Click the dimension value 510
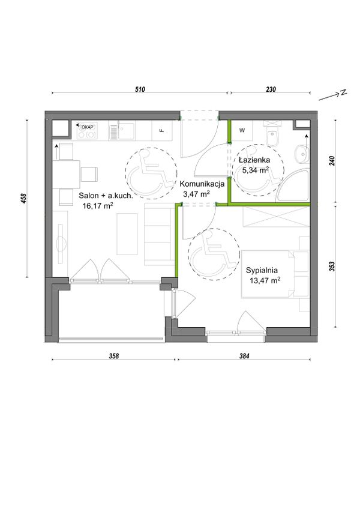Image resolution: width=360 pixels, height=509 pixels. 140,89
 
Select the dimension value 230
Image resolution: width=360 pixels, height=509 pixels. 271,89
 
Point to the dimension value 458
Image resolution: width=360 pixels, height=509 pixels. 23,199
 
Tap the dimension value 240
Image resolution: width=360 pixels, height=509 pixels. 332,161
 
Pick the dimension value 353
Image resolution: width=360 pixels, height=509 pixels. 332,266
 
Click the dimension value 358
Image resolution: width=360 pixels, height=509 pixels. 114,356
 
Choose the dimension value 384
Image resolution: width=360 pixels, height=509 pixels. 244,356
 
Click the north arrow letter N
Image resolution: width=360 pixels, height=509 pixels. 343,93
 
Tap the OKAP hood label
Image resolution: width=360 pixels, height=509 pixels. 86,127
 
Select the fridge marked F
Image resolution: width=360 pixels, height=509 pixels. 161,130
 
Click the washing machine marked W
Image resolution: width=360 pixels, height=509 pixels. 242,130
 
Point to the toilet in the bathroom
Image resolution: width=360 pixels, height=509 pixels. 271,134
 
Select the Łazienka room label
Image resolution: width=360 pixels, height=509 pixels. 254,160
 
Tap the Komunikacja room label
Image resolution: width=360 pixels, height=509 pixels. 202,184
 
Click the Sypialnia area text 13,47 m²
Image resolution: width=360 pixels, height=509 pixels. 265,280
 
